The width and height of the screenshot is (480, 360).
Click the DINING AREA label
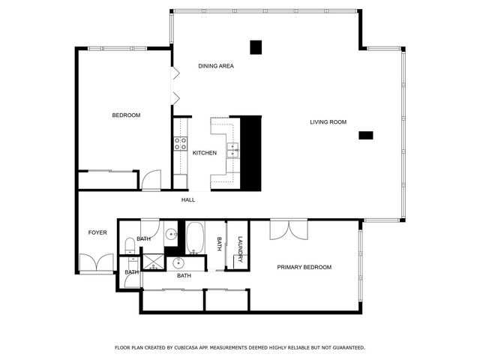point(216,66)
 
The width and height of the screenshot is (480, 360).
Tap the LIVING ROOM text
point(328,121)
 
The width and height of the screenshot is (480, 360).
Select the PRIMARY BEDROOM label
point(304,267)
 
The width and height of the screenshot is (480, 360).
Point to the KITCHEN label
point(204,153)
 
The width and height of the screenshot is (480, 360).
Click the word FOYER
point(97,232)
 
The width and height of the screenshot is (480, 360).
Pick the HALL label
point(187,199)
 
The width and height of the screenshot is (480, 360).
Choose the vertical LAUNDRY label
point(240,248)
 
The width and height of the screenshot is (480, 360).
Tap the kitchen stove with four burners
point(181,143)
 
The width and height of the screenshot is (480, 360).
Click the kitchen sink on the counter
point(233,149)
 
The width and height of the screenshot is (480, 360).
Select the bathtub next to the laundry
point(196,238)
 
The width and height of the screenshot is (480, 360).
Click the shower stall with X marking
point(155,262)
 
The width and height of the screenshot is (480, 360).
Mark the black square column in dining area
point(256,47)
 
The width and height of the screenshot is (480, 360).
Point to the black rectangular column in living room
point(366,135)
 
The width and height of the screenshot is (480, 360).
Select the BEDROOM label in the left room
point(126,115)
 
